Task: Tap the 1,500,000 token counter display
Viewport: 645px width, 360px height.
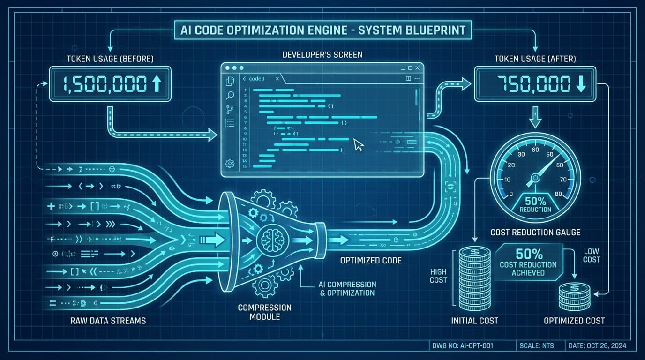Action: [x=110, y=84]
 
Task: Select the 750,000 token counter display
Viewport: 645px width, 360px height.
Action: [x=535, y=84]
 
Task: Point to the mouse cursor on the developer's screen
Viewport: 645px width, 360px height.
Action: [x=359, y=144]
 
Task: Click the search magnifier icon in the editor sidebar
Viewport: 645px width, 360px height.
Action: [x=230, y=96]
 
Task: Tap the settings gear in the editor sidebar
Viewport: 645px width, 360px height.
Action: [x=230, y=163]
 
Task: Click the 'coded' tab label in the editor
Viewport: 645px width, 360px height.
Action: [x=257, y=79]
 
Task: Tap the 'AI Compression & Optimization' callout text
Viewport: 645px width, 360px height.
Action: [x=347, y=289]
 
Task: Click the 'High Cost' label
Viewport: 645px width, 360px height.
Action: [x=438, y=276]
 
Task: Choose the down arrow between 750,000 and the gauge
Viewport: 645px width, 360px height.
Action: [x=535, y=116]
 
